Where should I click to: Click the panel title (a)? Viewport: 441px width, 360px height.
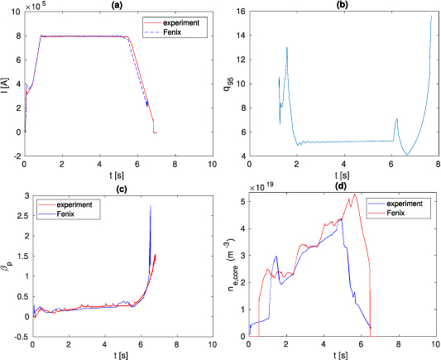pyautogui.click(x=118, y=5)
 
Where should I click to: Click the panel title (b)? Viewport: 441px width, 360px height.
pyautogui.click(x=342, y=5)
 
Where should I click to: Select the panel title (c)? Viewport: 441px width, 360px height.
pyautogui.click(x=118, y=190)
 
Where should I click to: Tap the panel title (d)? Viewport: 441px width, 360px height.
pyautogui.click(x=342, y=190)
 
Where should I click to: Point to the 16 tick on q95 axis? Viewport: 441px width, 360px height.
pyautogui.click(x=239, y=12)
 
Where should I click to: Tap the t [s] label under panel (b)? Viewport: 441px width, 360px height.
pyautogui.click(x=342, y=175)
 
